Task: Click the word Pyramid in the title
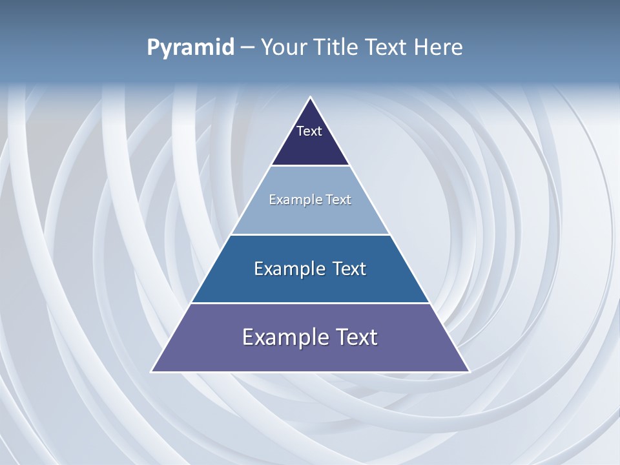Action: point(190,48)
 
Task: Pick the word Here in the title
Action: point(439,48)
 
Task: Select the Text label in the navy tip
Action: point(309,131)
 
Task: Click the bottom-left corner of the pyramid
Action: point(152,371)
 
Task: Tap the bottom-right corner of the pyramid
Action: point(469,371)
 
